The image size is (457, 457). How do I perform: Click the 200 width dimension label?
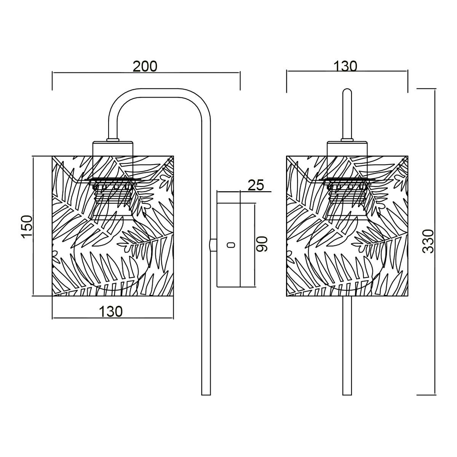tap(145, 66)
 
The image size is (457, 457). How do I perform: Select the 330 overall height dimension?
tap(428, 241)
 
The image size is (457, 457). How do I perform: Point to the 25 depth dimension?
tap(256, 185)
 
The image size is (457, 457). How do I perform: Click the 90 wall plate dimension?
tap(262, 244)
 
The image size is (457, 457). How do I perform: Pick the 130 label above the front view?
tap(345, 66)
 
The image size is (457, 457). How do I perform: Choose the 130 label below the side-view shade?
tap(111, 312)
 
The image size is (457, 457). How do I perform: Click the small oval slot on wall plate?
tap(230, 245)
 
